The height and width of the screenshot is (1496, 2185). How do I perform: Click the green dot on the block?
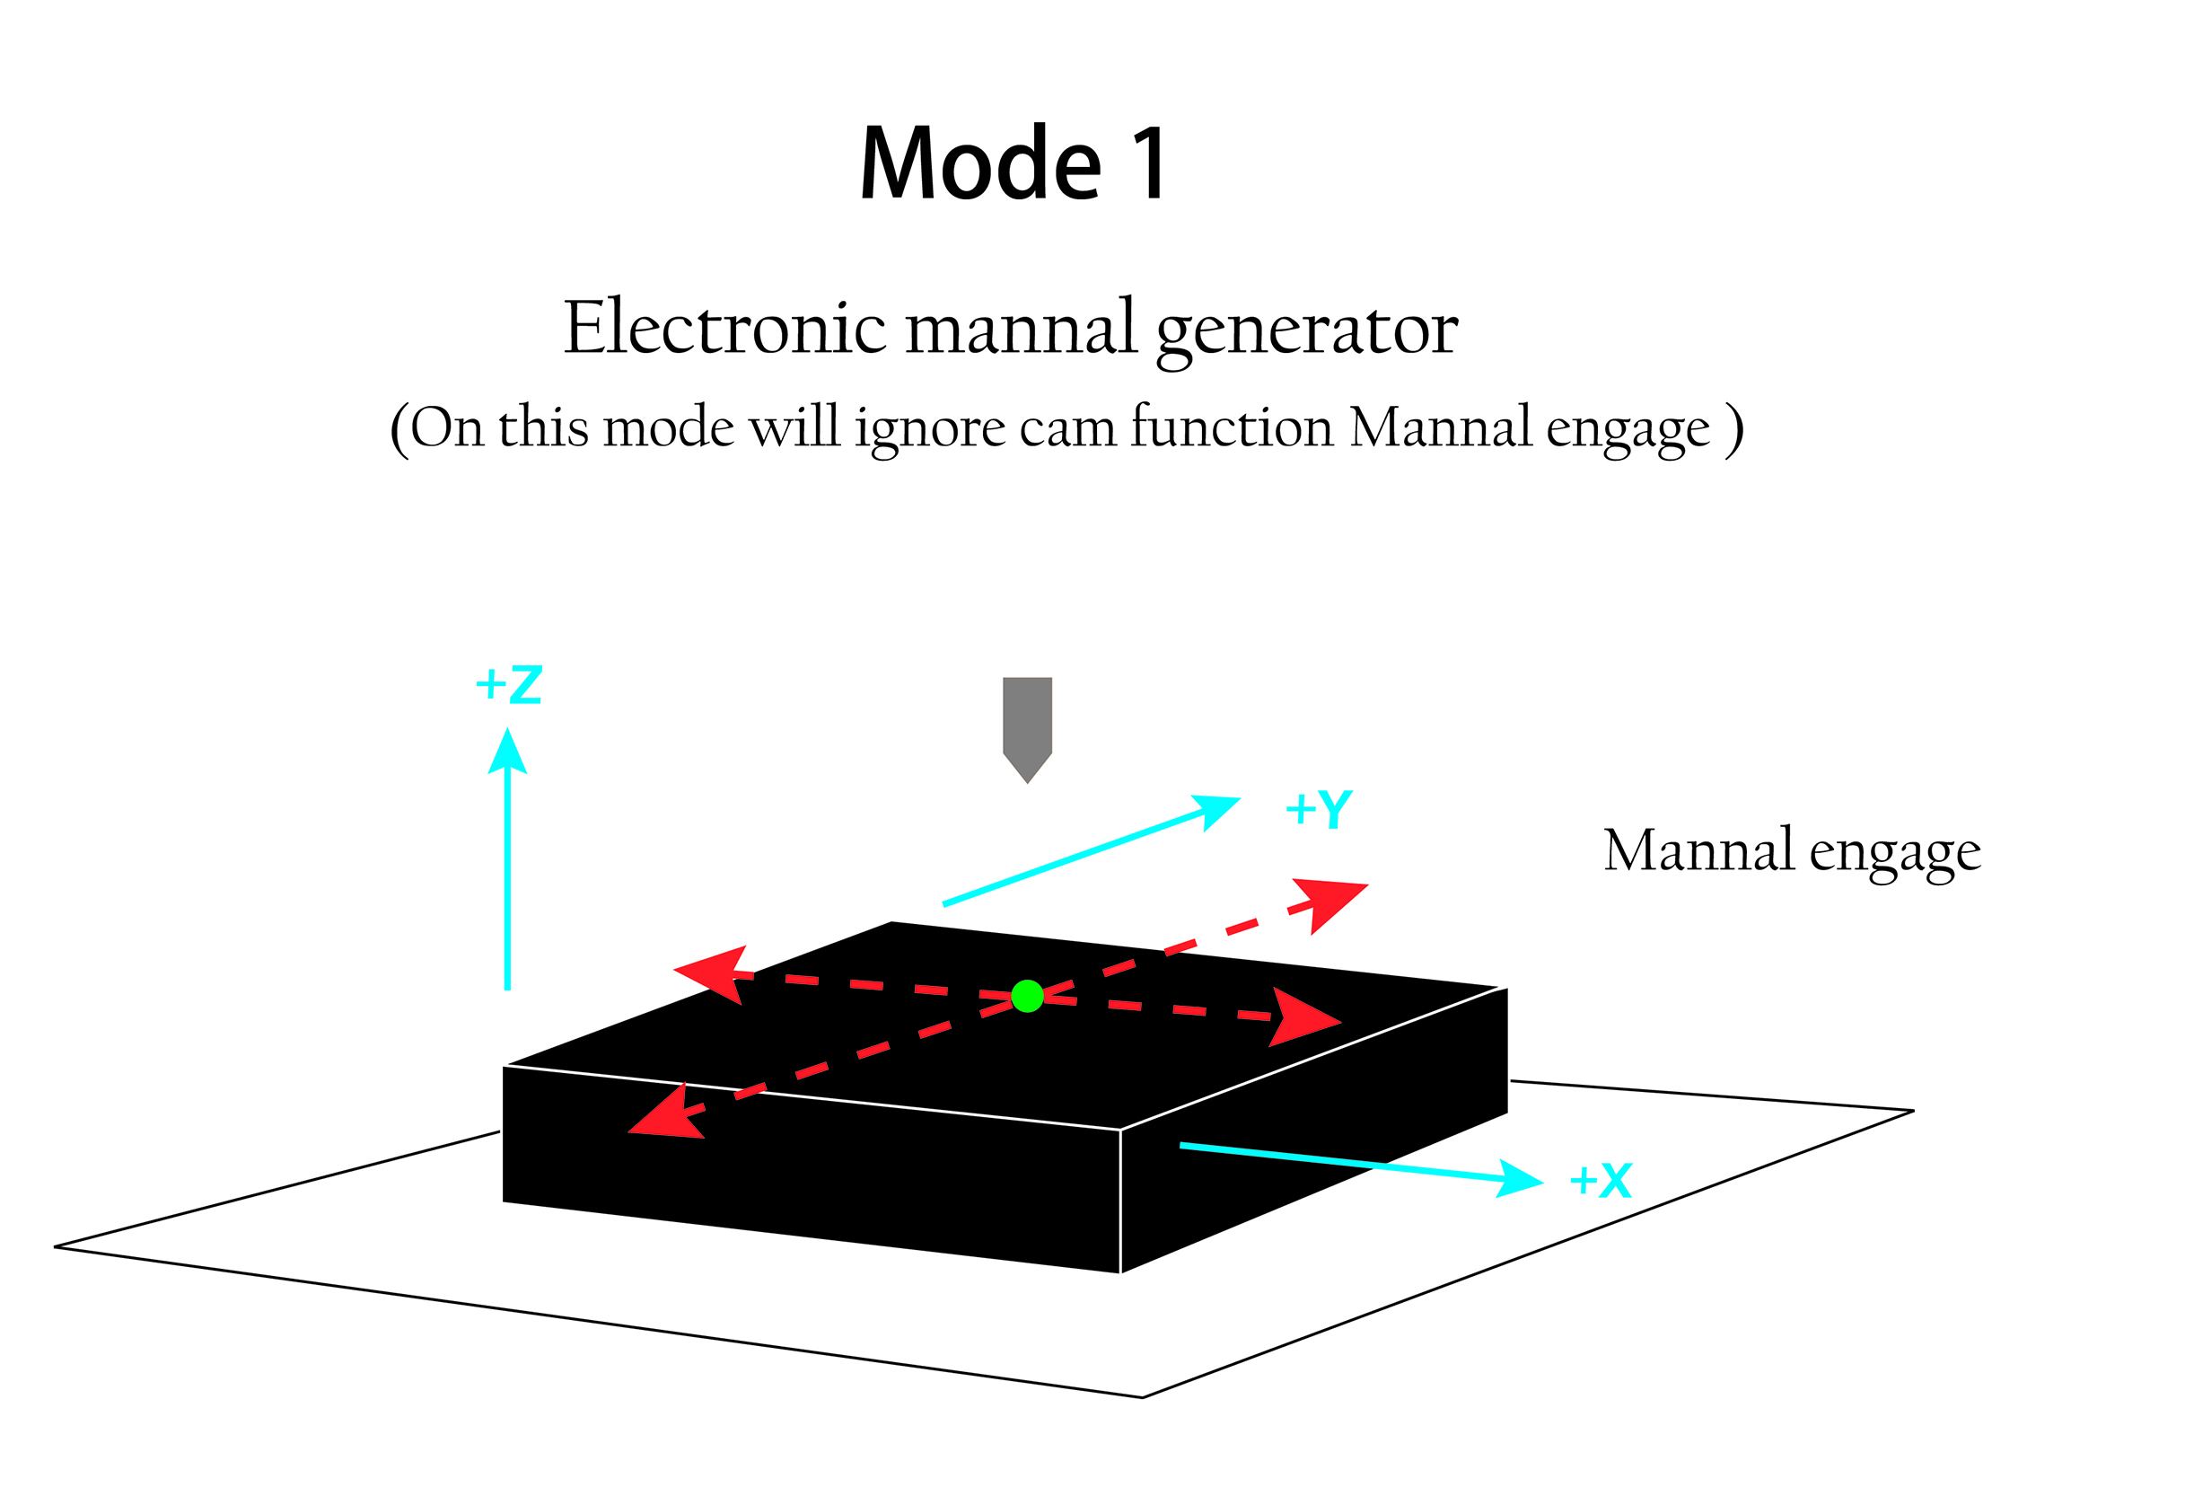point(1027,996)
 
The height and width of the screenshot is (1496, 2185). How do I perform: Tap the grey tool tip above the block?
point(1027,729)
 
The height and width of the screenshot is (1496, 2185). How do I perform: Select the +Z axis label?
point(509,684)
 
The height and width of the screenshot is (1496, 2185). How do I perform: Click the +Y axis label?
point(1318,809)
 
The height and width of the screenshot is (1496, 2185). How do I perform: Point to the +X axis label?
point(1601,1180)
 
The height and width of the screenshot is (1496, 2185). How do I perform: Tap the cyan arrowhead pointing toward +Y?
point(1217,810)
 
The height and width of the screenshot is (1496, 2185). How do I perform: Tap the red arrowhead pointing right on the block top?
point(1302,1017)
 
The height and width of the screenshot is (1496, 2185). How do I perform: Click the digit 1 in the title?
point(1149,163)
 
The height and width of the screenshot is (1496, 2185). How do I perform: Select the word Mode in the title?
point(979,163)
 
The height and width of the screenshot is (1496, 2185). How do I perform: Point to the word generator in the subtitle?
point(1306,331)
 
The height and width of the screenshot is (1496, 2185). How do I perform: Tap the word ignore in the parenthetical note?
point(930,428)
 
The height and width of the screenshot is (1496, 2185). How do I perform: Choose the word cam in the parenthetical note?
point(1066,428)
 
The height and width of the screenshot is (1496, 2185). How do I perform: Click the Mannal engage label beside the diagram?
point(1792,852)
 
